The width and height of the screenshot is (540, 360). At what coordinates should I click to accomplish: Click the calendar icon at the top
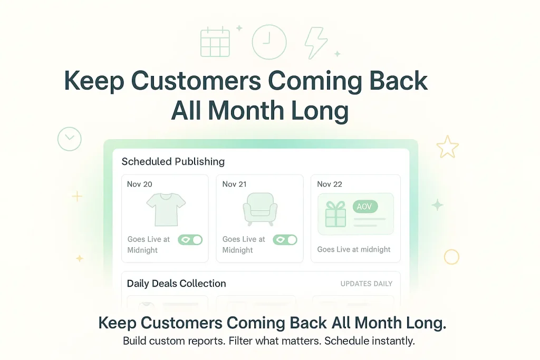[215, 42]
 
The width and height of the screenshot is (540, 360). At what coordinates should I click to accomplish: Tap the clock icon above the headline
[269, 42]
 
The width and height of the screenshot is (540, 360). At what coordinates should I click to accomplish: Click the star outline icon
[447, 147]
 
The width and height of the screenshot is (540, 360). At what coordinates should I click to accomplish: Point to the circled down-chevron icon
[70, 139]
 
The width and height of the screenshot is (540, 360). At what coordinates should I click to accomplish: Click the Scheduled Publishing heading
[173, 162]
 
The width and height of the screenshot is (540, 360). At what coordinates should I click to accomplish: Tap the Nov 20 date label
[140, 184]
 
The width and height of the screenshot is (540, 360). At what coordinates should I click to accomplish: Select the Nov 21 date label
[234, 184]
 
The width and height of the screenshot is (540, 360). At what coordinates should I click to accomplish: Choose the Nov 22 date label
[330, 184]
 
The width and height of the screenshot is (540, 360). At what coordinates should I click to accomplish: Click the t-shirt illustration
[166, 209]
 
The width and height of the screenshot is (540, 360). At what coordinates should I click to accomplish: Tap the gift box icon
[335, 214]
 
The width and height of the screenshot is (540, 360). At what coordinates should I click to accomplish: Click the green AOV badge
[364, 207]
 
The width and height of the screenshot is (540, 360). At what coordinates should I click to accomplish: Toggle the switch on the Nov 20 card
[190, 240]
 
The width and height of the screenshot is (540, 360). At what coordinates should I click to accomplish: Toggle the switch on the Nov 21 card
[285, 240]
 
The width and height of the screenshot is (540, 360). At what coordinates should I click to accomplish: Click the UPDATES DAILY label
[367, 284]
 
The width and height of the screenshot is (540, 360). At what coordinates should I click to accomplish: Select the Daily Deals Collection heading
[176, 284]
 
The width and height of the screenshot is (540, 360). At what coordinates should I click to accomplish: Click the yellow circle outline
[451, 257]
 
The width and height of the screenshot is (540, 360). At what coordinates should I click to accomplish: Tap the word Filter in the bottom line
[245, 340]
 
